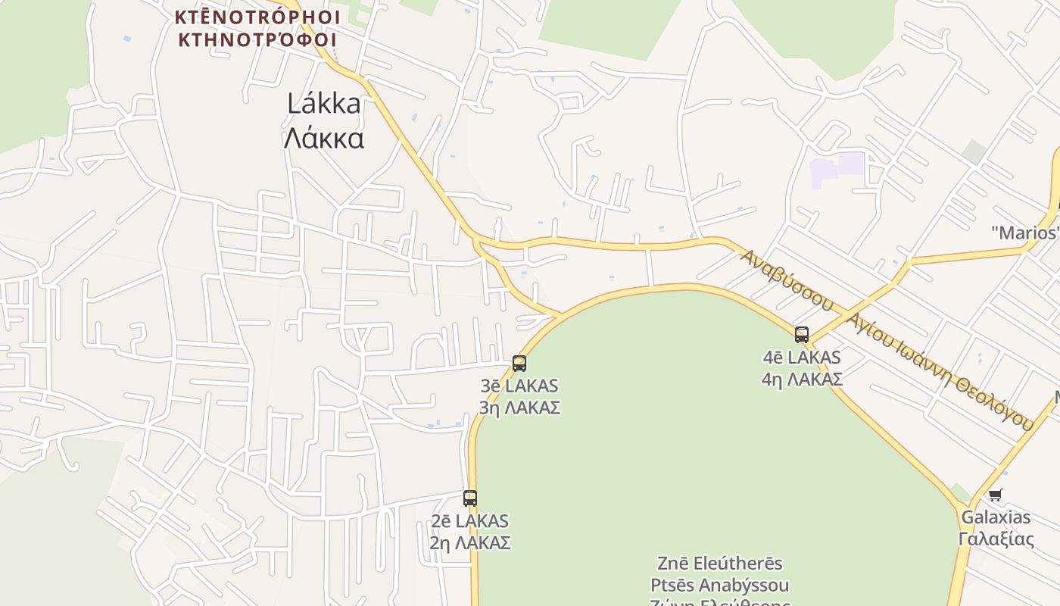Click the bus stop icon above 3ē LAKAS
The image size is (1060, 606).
[x=519, y=364]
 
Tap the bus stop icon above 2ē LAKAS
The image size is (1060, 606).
[x=470, y=498]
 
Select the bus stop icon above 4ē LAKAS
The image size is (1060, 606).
[x=802, y=335]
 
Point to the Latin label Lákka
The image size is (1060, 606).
[x=324, y=104]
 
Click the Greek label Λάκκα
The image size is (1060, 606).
[x=324, y=139]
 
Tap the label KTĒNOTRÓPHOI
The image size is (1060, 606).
[x=257, y=17]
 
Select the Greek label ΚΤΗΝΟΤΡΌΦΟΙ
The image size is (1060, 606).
[x=257, y=39]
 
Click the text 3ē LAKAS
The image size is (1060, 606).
[x=519, y=386]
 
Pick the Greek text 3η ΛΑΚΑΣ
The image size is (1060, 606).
[x=519, y=408]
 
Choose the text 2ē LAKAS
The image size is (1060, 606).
[x=470, y=521]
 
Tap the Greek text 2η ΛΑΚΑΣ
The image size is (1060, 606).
[x=470, y=543]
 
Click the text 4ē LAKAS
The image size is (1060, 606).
[x=802, y=357]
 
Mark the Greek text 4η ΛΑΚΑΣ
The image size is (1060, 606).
[x=802, y=379]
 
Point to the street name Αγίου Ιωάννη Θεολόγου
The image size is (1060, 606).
[x=940, y=371]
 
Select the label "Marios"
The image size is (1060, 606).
[x=1025, y=233]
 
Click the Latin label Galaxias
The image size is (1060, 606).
[x=996, y=517]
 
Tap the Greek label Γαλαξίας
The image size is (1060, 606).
[x=996, y=539]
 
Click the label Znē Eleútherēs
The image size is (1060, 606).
[x=720, y=564]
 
